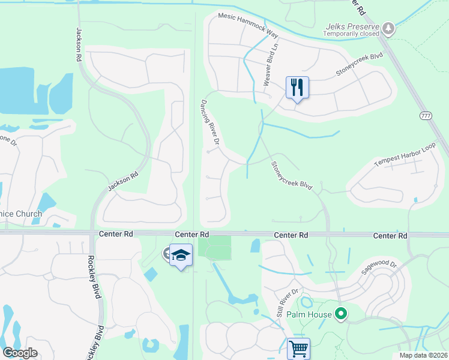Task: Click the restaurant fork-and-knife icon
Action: click(x=297, y=88)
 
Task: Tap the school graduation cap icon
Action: click(x=181, y=255)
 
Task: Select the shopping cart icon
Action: click(x=298, y=348)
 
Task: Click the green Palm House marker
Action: click(x=342, y=313)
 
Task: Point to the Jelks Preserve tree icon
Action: click(x=389, y=28)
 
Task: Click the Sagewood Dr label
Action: click(x=379, y=266)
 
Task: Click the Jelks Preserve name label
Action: click(x=352, y=27)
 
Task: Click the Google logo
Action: click(x=20, y=353)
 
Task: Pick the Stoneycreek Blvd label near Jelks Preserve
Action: click(x=359, y=64)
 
